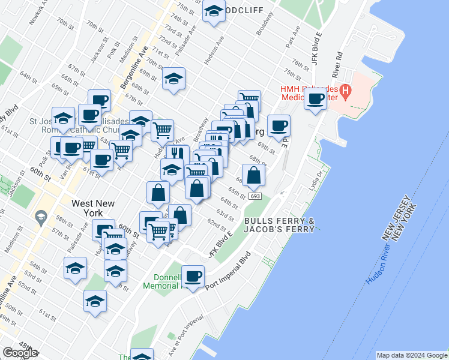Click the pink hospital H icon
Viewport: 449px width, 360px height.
click(346, 92)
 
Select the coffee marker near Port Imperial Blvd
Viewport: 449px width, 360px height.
click(193, 277)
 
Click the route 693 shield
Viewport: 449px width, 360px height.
click(255, 196)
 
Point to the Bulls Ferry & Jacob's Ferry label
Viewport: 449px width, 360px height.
click(279, 225)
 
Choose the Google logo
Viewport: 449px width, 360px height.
click(20, 353)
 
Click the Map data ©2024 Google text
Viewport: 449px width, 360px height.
click(412, 355)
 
